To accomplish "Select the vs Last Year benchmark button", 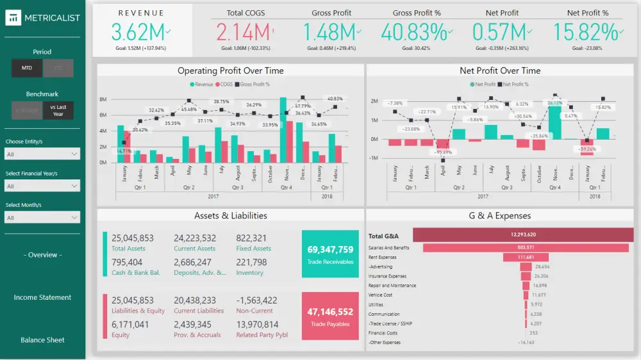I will point(58,111).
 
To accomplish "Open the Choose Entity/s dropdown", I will point(42,154).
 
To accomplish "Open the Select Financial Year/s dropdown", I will point(42,186).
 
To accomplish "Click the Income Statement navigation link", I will point(42,297).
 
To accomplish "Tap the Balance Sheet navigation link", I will point(42,340).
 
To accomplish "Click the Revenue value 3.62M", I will point(138,32).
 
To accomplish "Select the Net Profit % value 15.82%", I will point(585,32).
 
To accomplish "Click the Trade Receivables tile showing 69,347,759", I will point(330,254).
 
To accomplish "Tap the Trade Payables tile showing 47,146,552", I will point(330,316).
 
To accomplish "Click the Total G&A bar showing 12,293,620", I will point(522,235).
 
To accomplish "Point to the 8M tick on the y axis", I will point(103,100).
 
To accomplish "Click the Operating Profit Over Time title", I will point(230,70).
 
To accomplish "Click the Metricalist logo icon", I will point(13,18).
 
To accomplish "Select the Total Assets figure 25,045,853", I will point(132,238).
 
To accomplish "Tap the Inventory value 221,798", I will point(251,262).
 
